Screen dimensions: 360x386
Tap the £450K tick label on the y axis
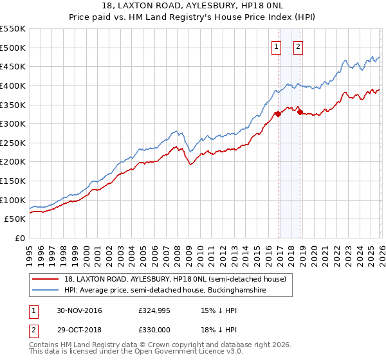click(13, 66)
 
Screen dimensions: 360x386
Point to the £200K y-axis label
click(13, 162)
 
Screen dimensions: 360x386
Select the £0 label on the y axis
click(21, 239)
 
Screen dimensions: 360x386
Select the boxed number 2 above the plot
click(299, 46)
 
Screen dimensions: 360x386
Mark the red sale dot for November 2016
click(278, 114)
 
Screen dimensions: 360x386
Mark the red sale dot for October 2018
click(300, 113)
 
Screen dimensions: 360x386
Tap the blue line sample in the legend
click(46, 291)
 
